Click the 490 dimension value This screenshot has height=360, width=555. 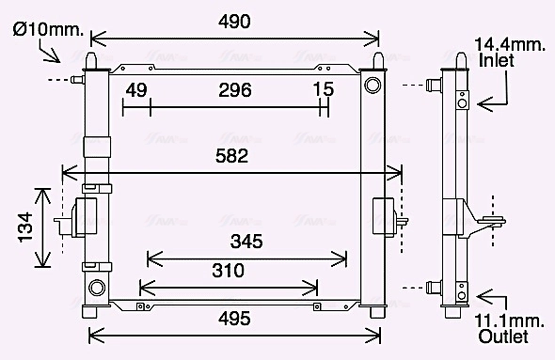click(x=235, y=22)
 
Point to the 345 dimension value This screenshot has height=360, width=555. click(x=246, y=242)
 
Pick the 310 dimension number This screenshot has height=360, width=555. click(x=228, y=271)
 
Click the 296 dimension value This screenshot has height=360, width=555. click(x=234, y=90)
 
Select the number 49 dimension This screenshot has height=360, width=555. click(x=136, y=90)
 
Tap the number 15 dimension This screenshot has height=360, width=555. click(x=323, y=90)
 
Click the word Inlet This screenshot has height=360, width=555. click(x=498, y=60)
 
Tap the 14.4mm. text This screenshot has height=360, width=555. click(x=509, y=44)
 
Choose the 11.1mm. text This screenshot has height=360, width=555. click(x=508, y=320)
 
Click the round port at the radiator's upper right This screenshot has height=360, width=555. click(x=373, y=85)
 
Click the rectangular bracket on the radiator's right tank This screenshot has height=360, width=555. click(x=384, y=219)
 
